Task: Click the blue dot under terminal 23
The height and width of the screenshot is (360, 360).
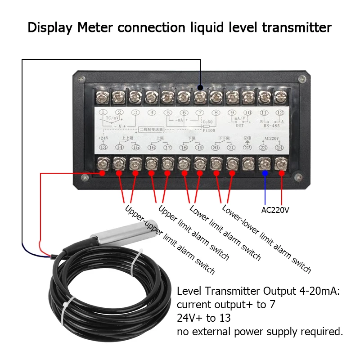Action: (x=265, y=173)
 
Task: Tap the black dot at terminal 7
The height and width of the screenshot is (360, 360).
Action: (x=200, y=88)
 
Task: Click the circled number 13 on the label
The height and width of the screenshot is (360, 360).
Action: (x=103, y=147)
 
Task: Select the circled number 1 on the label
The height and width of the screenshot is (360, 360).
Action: (x=103, y=113)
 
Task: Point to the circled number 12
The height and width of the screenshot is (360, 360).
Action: (x=280, y=113)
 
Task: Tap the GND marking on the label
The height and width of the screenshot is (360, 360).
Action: (x=247, y=138)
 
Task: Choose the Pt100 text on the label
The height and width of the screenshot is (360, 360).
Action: (x=210, y=130)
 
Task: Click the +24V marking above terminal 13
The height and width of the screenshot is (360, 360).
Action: (x=103, y=138)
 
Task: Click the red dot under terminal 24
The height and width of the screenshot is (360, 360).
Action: (x=282, y=173)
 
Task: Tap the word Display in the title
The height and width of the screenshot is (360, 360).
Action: (x=49, y=27)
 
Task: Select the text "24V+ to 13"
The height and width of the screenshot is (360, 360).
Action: (x=204, y=318)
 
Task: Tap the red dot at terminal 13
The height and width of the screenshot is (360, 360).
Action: (x=103, y=173)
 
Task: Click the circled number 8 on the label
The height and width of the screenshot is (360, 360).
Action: (x=216, y=113)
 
